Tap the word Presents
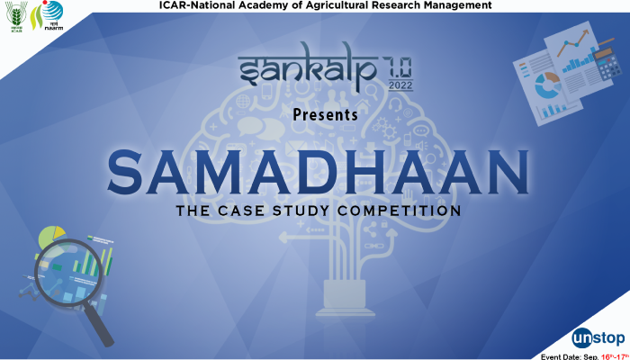point(325,115)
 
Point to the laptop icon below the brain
point(345,295)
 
